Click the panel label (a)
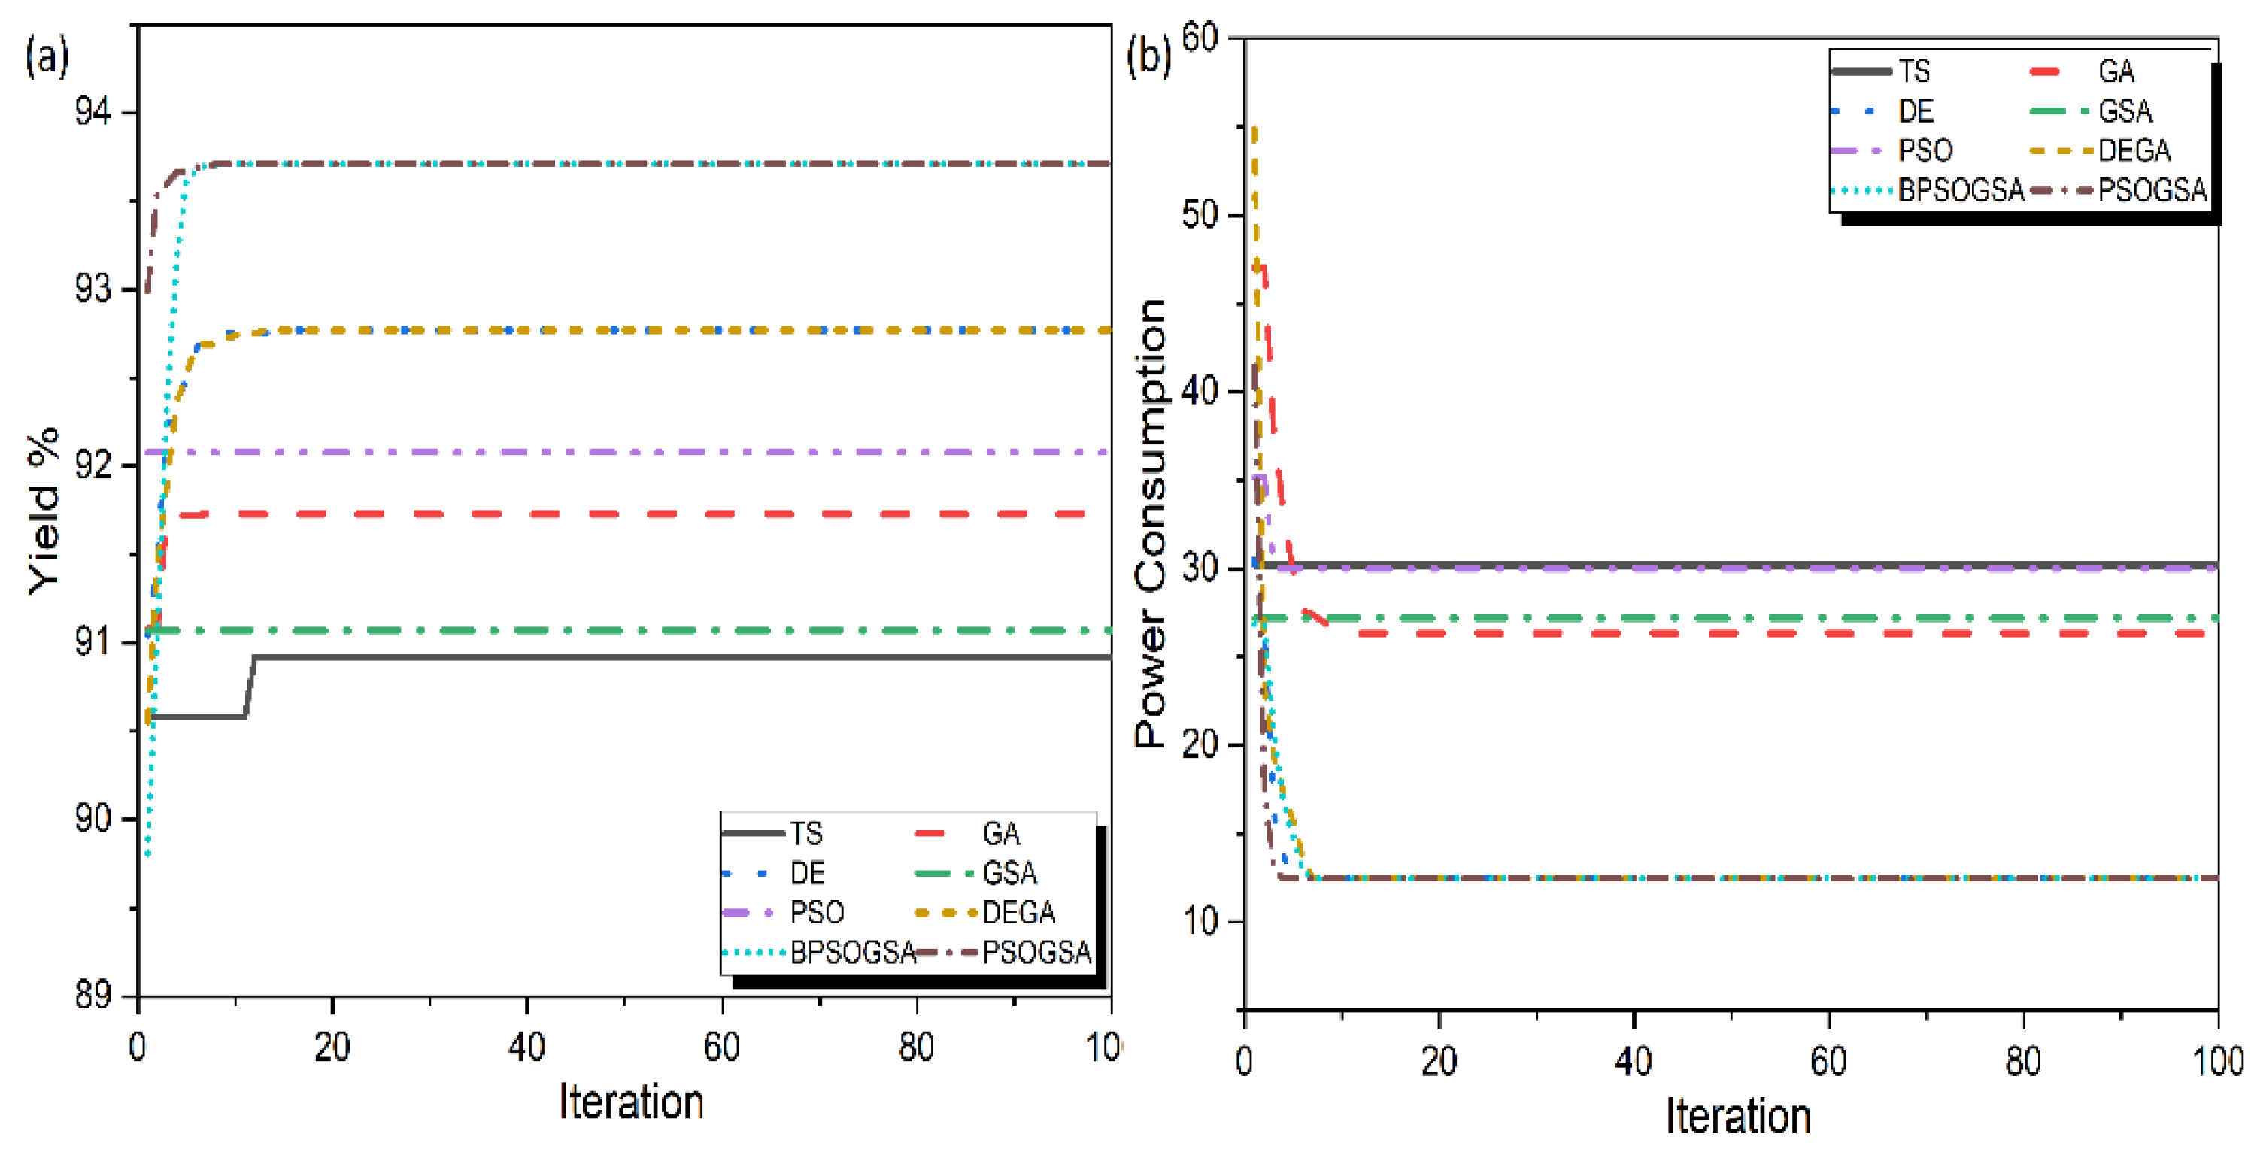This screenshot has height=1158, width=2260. pyautogui.click(x=47, y=58)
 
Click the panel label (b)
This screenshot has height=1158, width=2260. pyautogui.click(x=1148, y=58)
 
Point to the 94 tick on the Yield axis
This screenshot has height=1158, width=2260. pyautogui.click(x=92, y=112)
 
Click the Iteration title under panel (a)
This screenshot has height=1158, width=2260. pyautogui.click(x=631, y=1102)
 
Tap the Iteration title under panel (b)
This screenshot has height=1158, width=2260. pyautogui.click(x=1737, y=1116)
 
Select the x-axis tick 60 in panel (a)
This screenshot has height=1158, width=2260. pyautogui.click(x=721, y=1047)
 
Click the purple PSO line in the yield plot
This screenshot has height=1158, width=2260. pyautogui.click(x=614, y=452)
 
